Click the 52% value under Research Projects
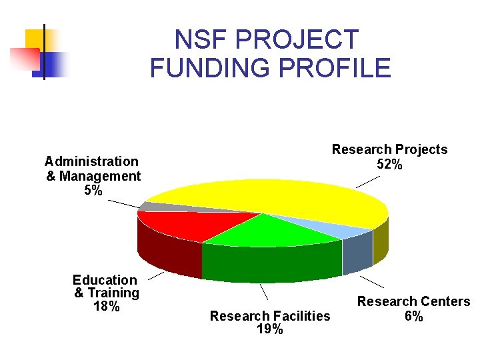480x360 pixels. [389, 164]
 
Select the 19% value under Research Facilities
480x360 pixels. [269, 329]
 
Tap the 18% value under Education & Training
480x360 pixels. [106, 307]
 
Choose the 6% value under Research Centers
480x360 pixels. [413, 316]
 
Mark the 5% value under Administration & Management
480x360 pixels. [93, 191]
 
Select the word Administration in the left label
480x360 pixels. [91, 161]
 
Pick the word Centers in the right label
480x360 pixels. [441, 301]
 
